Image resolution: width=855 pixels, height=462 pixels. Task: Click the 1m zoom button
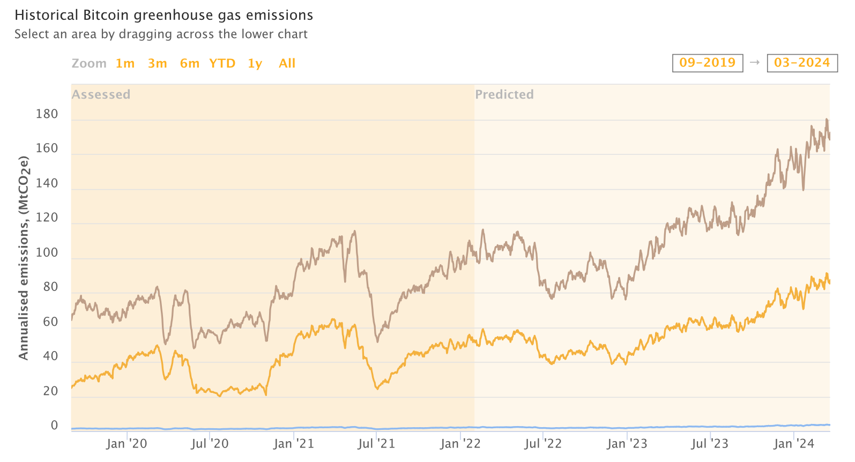click(125, 63)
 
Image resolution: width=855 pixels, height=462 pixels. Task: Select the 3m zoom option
click(157, 63)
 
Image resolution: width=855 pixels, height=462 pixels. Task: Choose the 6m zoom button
click(189, 63)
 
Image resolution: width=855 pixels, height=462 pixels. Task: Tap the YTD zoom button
click(222, 63)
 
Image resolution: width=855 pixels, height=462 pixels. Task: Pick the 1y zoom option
click(255, 63)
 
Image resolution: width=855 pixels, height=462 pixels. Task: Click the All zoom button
click(287, 63)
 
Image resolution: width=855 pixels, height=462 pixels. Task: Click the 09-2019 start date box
click(707, 63)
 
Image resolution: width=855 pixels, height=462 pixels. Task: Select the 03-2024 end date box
click(801, 63)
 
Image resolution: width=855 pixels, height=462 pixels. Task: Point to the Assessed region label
click(101, 94)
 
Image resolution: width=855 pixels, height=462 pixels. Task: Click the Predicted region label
click(504, 94)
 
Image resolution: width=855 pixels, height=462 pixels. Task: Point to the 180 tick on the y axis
click(47, 114)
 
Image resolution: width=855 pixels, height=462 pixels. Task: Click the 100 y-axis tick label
click(47, 252)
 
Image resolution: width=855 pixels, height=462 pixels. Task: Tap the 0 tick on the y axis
click(54, 425)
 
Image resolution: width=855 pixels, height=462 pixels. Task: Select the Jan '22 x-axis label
click(460, 444)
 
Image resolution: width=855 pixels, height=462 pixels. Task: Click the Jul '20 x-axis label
click(210, 444)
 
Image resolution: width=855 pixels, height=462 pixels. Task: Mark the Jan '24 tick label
click(793, 444)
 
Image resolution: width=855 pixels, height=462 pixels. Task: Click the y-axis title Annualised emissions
click(23, 257)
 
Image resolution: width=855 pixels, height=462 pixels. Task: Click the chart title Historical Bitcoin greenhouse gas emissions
click(163, 15)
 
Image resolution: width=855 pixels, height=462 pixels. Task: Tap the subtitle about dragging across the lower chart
click(161, 34)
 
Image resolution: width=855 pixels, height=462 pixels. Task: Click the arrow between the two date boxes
click(755, 63)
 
